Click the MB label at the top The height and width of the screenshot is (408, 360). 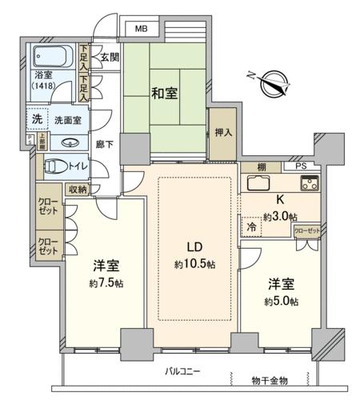point(141,30)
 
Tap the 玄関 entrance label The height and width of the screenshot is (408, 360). point(110,57)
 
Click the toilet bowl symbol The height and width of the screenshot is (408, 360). point(56,166)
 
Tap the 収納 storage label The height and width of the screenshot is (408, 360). point(77,190)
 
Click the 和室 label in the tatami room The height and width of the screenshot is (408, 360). point(165,93)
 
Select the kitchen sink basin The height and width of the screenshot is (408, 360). point(262,182)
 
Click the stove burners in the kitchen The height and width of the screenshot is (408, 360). point(308,182)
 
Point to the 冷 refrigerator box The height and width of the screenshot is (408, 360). point(250,226)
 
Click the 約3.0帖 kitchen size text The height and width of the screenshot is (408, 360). point(280,217)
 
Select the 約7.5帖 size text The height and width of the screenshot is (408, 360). point(105,283)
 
